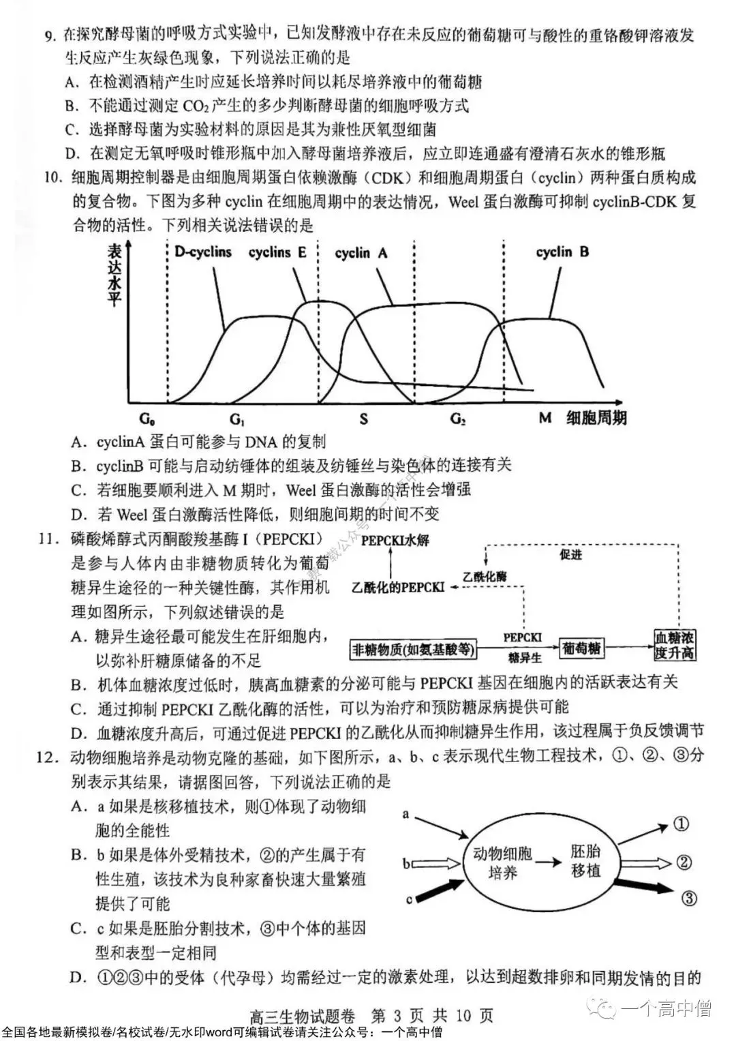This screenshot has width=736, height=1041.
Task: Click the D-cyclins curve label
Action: pyautogui.click(x=202, y=252)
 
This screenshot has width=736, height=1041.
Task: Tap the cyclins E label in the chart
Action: pyautogui.click(x=277, y=252)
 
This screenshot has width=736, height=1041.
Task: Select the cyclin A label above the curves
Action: pyautogui.click(x=361, y=253)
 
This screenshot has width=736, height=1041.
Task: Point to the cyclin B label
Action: pyautogui.click(x=562, y=252)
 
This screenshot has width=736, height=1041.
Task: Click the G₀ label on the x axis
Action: pyautogui.click(x=147, y=419)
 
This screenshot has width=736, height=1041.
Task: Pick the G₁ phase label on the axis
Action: pyautogui.click(x=236, y=419)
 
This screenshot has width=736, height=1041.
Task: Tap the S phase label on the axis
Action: pyautogui.click(x=363, y=419)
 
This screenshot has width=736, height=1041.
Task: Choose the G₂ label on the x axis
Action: pyautogui.click(x=458, y=419)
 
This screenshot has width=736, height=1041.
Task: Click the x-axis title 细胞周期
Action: pyautogui.click(x=596, y=418)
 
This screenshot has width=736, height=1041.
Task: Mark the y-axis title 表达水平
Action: pyautogui.click(x=114, y=275)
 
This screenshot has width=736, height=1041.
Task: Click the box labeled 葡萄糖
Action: pyautogui.click(x=581, y=648)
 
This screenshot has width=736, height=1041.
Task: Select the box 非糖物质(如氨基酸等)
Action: pyautogui.click(x=413, y=650)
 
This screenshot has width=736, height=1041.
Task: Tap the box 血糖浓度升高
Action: pyautogui.click(x=674, y=644)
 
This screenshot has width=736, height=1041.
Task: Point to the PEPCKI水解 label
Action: pyautogui.click(x=395, y=541)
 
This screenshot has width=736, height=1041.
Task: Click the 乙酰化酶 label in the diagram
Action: pyautogui.click(x=485, y=576)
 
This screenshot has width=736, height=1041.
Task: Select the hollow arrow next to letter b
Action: pyautogui.click(x=437, y=864)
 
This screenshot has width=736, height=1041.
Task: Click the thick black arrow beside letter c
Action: pyautogui.click(x=440, y=889)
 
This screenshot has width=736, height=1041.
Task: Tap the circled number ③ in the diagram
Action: pyautogui.click(x=688, y=898)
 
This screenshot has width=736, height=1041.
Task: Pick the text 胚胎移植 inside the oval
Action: pyautogui.click(x=585, y=860)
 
